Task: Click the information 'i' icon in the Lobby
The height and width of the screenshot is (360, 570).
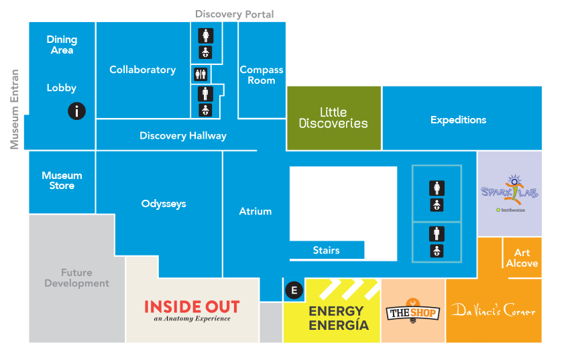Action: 77,111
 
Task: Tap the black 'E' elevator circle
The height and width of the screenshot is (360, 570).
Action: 294,290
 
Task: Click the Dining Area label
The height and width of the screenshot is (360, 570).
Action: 62,45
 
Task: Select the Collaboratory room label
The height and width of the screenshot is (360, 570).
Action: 142,70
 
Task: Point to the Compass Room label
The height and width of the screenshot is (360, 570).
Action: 262,74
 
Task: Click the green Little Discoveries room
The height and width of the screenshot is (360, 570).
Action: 333,118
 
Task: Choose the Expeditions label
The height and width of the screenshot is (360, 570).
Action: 458,120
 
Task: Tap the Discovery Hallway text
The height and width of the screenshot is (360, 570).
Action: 182,135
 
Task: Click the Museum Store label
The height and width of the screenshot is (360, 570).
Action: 62,180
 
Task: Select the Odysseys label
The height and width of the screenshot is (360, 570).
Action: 164,204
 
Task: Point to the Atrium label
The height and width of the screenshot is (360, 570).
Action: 255,211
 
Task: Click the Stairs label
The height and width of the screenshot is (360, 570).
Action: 327,250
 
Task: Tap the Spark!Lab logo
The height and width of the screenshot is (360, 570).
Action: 510,192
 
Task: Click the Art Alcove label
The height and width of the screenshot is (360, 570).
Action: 522,258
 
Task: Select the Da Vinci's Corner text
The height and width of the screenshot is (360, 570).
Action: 493,310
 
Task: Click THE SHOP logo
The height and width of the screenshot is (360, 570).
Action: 413,312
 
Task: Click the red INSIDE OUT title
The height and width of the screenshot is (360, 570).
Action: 192,307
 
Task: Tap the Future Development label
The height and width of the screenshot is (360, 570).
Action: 76,278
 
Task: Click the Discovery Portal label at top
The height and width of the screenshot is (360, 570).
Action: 234,14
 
